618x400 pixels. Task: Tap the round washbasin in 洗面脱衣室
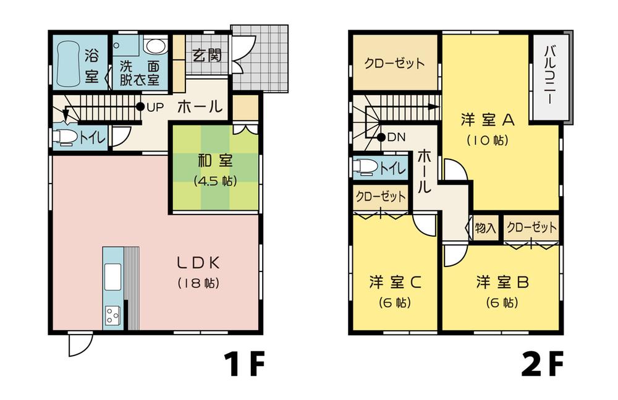pyautogui.click(x=154, y=46)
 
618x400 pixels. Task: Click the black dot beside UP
pyautogui.click(x=140, y=107)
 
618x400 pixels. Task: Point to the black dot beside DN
pyautogui.click(x=381, y=137)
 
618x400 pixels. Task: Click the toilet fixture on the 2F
pyautogui.click(x=365, y=167)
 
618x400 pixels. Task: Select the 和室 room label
pyautogui.click(x=214, y=162)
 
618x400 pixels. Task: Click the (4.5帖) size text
pyautogui.click(x=214, y=182)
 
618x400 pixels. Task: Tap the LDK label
pyautogui.click(x=199, y=262)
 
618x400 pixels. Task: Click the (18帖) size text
pyautogui.click(x=199, y=284)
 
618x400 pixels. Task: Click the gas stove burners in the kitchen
pyautogui.click(x=112, y=315)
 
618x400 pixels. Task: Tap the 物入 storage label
pyautogui.click(x=485, y=228)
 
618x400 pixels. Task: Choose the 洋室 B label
pyautogui.click(x=502, y=283)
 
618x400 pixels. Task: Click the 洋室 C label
pyautogui.click(x=396, y=283)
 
